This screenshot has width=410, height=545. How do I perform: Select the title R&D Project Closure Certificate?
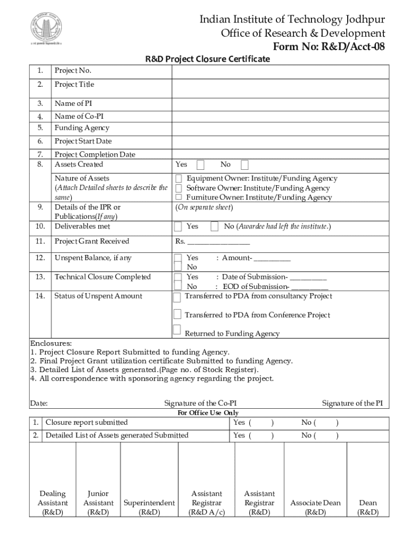click(208, 59)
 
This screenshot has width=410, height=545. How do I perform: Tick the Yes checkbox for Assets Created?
click(201, 164)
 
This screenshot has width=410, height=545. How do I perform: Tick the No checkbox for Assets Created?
click(244, 164)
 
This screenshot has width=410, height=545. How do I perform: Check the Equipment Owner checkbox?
click(179, 178)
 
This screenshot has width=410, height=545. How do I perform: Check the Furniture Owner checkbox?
click(179, 197)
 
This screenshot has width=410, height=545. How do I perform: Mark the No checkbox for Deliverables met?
click(215, 226)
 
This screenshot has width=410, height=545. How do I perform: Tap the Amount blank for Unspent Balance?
click(272, 259)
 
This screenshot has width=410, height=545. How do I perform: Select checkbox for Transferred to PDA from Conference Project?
click(177, 313)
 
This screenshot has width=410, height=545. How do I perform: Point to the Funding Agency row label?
click(81, 128)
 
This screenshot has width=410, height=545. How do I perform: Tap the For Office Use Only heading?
click(208, 413)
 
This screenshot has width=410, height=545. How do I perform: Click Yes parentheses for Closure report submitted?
click(261, 423)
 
